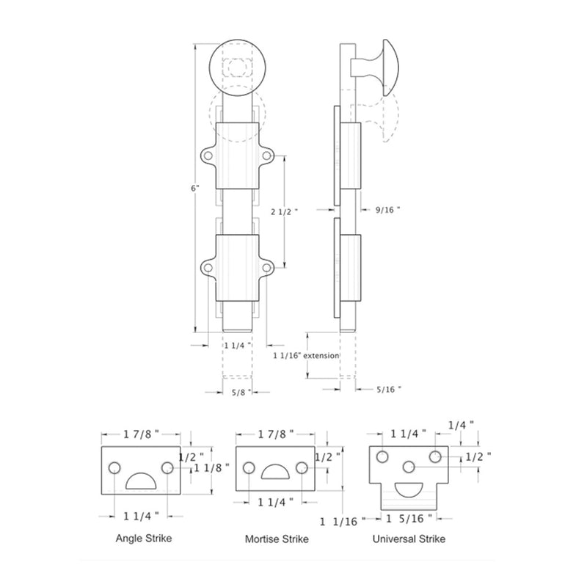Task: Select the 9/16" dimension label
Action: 387,209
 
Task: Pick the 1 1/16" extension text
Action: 306,356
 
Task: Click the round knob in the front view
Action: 236,68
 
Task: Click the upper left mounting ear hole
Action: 208,156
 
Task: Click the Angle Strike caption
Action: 144,539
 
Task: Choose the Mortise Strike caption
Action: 277,539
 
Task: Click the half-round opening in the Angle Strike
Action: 140,481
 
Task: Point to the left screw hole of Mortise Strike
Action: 249,467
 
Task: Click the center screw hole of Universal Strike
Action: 409,466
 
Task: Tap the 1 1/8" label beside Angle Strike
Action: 208,467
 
